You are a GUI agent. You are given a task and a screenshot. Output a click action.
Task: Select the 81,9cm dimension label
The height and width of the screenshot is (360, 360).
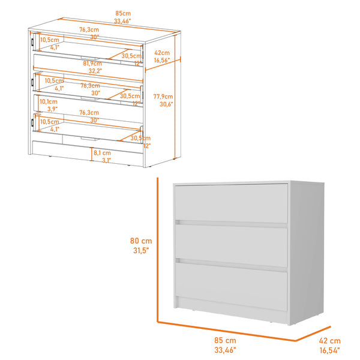pyautogui.click(x=93, y=63)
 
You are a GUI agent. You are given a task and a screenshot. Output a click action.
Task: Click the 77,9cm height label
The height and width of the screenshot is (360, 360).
pyautogui.click(x=163, y=97)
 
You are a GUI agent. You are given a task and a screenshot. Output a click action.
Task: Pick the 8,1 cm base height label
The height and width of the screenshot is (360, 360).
pyautogui.click(x=101, y=153)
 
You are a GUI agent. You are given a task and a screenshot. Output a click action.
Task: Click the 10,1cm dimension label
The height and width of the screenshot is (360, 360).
pyautogui.click(x=48, y=101)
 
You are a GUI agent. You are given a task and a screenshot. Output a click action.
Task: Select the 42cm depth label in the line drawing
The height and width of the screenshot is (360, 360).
pyautogui.click(x=161, y=52)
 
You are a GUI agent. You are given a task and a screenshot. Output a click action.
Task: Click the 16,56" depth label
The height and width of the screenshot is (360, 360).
pyautogui.click(x=162, y=60)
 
